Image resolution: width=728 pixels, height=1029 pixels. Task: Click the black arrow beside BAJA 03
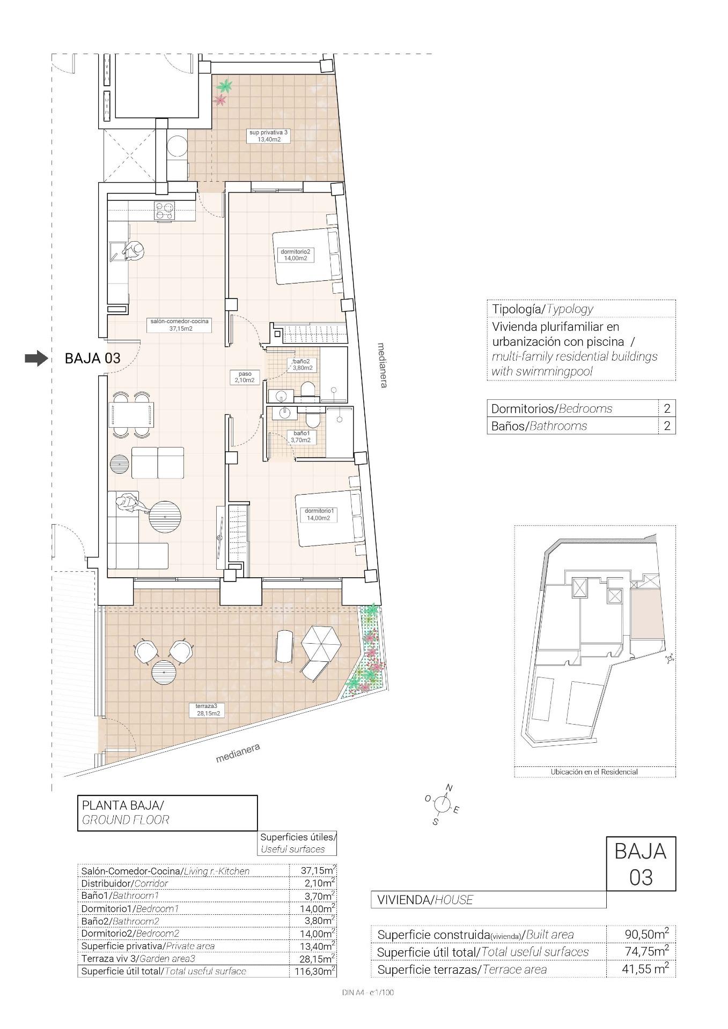pos(36,359)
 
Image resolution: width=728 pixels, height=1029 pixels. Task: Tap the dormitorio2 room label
pos(295,255)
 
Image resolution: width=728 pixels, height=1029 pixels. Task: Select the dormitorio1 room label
pos(319,514)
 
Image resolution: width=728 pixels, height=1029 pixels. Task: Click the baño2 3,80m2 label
pos(302,365)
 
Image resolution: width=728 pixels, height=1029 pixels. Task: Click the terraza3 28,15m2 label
pos(204,710)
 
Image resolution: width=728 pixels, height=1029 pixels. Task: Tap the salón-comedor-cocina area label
pos(179,325)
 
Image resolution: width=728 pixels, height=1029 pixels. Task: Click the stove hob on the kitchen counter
pos(165,210)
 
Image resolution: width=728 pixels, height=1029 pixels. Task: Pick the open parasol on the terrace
pos(321,644)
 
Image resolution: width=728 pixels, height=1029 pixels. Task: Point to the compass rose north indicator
pos(448,787)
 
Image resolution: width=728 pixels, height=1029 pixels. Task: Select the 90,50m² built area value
pos(646,934)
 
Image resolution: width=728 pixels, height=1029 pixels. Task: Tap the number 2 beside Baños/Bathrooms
pos(667,426)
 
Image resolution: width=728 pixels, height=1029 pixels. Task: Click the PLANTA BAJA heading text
pos(122,805)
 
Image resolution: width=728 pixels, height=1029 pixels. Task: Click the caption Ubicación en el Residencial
pos(594,772)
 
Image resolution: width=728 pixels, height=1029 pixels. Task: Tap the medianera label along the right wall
pos(382,365)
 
